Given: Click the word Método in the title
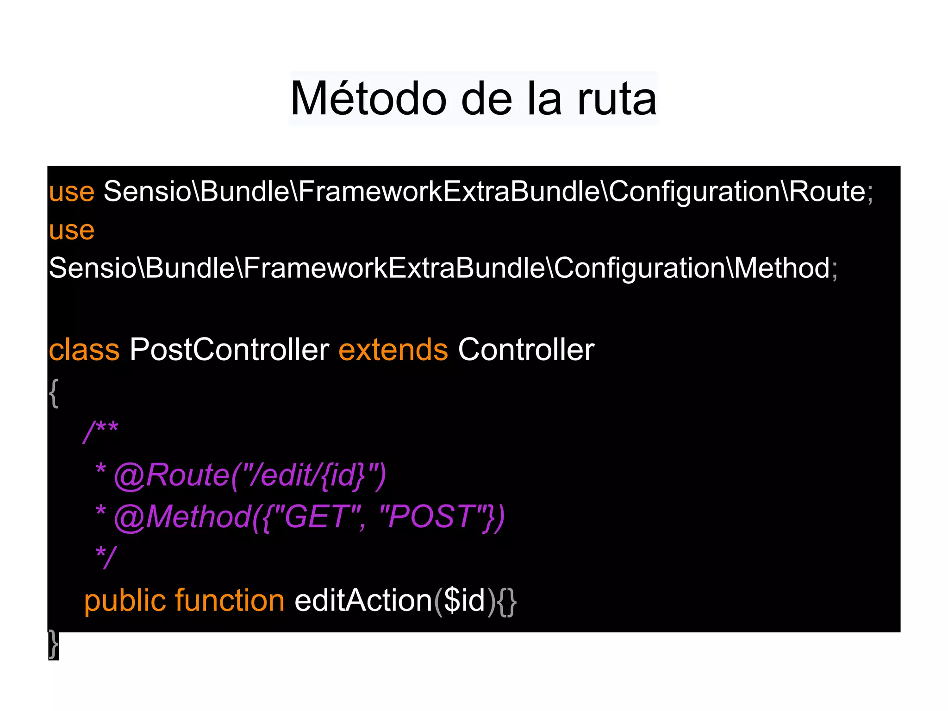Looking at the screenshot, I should (x=368, y=99).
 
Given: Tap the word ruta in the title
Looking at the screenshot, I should (x=617, y=99).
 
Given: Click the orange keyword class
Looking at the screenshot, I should (x=84, y=349).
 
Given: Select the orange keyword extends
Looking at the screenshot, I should (x=393, y=349).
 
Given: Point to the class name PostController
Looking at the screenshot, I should (x=229, y=349).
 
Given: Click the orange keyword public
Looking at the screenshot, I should (x=125, y=601).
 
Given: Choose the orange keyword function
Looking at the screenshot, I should (x=230, y=601).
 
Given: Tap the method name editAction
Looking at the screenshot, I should (x=363, y=601).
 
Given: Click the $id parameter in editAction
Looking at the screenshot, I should (x=464, y=601).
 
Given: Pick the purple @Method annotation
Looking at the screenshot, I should (x=182, y=517).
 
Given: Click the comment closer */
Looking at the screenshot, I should (x=106, y=556).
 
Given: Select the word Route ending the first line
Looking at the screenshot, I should (x=827, y=191).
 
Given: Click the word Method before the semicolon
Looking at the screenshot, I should (x=782, y=268).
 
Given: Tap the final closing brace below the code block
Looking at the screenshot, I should (x=54, y=644).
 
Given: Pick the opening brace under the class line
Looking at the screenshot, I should (x=54, y=393).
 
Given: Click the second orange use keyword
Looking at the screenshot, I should (x=72, y=230).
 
